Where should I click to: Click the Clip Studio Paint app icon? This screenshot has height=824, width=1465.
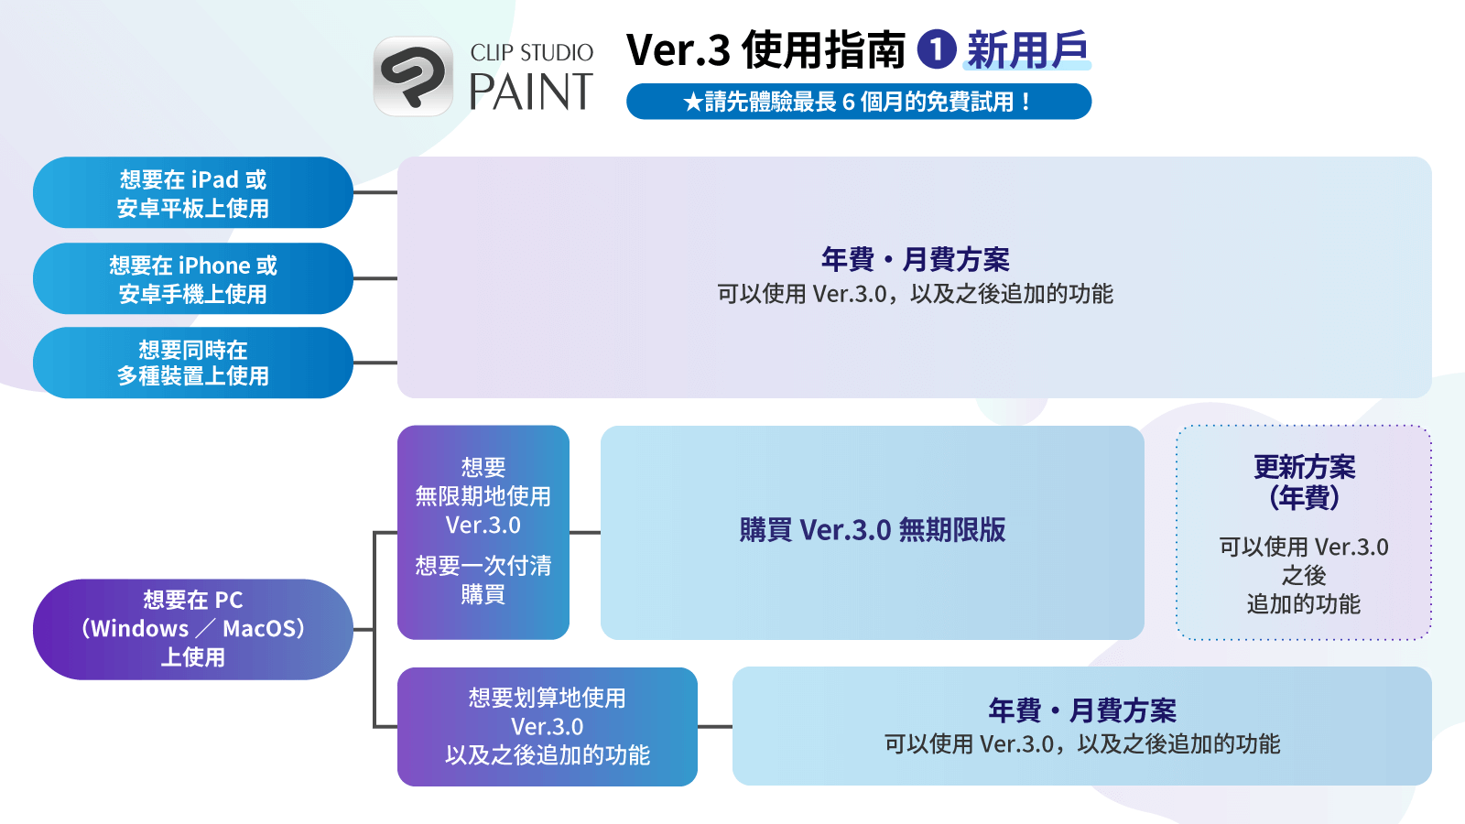tap(413, 76)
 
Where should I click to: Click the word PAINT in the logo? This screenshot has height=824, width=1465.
tap(531, 92)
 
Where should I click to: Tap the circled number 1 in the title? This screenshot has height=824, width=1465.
tap(937, 49)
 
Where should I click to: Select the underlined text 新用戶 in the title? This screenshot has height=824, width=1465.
tap(1027, 50)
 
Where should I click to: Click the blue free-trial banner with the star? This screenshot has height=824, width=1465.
tap(858, 102)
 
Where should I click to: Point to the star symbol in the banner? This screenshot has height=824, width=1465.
tap(692, 103)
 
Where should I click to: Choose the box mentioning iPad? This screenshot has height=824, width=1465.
tap(192, 193)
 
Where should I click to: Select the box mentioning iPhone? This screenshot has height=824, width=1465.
tap(192, 279)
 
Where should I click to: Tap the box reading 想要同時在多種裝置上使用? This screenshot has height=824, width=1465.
tap(192, 363)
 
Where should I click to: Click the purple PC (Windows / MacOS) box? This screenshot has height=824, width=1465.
tap(192, 629)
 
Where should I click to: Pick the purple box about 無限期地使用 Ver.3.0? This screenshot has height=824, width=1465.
tap(483, 532)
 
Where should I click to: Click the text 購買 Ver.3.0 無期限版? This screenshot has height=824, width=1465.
tap(872, 530)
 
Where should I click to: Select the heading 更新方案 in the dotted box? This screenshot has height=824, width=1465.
tap(1304, 468)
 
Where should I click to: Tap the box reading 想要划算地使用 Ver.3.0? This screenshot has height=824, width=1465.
tap(547, 726)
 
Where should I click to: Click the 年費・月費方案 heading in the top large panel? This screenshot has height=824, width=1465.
tap(915, 260)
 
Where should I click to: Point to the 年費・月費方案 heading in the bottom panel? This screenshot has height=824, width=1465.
tap(1081, 710)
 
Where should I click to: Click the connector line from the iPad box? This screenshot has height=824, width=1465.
tap(374, 193)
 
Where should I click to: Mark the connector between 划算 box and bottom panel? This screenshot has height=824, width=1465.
tap(714, 726)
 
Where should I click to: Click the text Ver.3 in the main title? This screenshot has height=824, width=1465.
tap(678, 50)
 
